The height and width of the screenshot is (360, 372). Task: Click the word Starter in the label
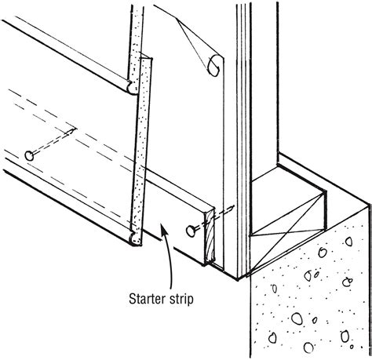(x=148, y=299)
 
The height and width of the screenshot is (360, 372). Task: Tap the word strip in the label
(x=181, y=299)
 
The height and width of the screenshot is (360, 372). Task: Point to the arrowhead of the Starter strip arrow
(x=164, y=230)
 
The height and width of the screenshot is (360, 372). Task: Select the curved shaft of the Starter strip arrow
(x=170, y=259)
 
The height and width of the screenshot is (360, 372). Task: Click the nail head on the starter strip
(x=191, y=231)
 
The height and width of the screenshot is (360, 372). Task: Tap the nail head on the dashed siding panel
(x=29, y=156)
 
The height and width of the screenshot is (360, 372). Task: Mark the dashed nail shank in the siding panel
(x=53, y=141)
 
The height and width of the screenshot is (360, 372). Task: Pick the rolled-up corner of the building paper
(x=214, y=66)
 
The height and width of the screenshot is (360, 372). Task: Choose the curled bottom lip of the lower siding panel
(x=134, y=239)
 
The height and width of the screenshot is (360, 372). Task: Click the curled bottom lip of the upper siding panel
(x=132, y=88)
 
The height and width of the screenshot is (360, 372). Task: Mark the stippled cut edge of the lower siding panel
(x=141, y=151)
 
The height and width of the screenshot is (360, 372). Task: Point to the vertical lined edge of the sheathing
(x=243, y=139)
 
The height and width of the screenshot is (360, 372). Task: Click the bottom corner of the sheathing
(x=238, y=279)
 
